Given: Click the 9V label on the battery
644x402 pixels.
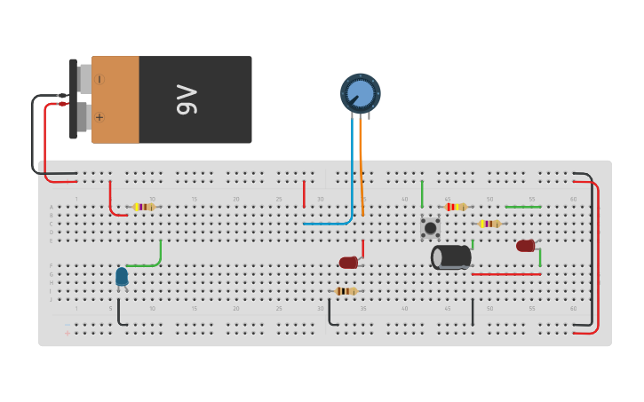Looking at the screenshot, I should click(x=187, y=99).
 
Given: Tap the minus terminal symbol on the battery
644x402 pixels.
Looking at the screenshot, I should click(x=99, y=79).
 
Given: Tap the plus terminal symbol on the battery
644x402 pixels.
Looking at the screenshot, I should click(x=99, y=116).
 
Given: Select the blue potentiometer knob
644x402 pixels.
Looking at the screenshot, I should click(x=361, y=93).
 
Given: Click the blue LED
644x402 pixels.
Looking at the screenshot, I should click(x=122, y=276).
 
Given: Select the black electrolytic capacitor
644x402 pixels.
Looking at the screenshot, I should click(x=451, y=257).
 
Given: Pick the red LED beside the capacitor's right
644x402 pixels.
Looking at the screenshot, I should click(x=525, y=246).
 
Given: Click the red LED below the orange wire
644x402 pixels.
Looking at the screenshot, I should click(x=348, y=263).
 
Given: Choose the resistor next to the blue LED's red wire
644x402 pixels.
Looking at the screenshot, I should click(x=144, y=207).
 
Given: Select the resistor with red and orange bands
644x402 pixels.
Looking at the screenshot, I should click(x=456, y=207).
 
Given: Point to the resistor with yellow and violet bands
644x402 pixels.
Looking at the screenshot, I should click(x=489, y=224).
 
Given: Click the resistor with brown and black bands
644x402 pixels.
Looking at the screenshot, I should click(x=346, y=291).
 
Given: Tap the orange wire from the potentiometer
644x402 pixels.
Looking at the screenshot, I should click(x=362, y=169).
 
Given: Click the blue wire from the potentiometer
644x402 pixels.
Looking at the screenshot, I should click(x=352, y=177).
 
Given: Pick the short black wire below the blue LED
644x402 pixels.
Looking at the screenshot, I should click(x=118, y=312).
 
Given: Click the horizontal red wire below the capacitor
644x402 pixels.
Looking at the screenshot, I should click(x=506, y=274).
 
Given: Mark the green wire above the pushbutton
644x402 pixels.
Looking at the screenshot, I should click(x=422, y=193).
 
